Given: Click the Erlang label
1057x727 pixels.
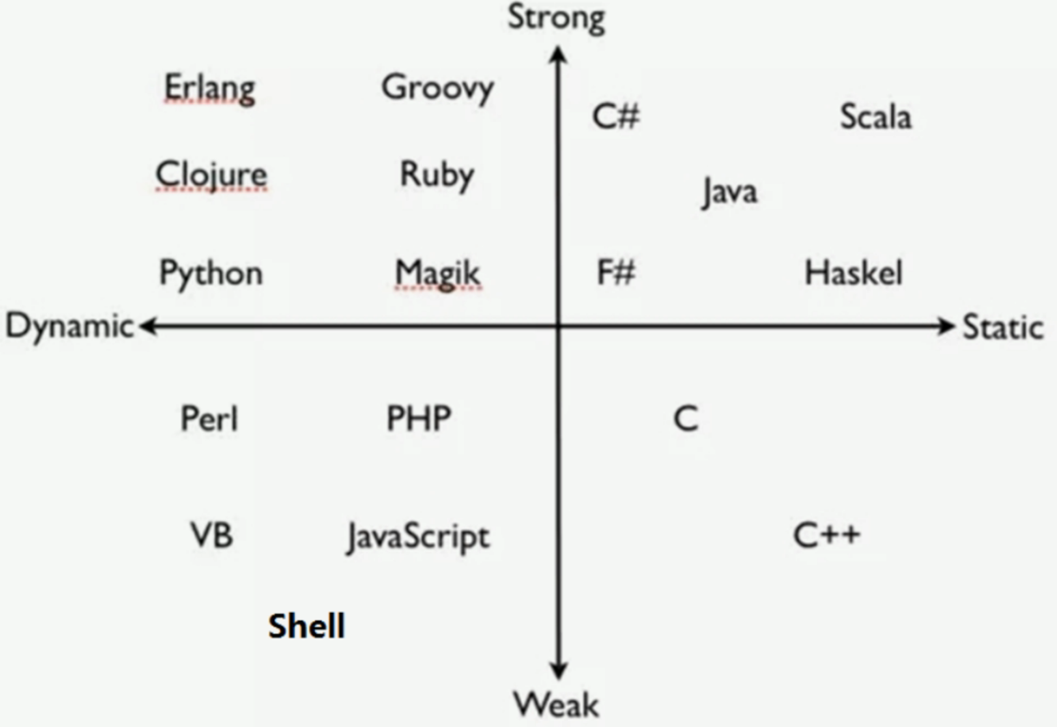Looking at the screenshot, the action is pyautogui.click(x=210, y=89).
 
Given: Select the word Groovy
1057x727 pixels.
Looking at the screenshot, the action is pyautogui.click(x=438, y=89).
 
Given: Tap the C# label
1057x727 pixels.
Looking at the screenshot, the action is pyautogui.click(x=616, y=116).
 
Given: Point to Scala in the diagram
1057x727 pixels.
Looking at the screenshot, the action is pyautogui.click(x=876, y=116).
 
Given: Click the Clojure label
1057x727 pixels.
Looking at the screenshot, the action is pyautogui.click(x=211, y=175).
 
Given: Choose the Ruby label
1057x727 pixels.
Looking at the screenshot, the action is pyautogui.click(x=437, y=176).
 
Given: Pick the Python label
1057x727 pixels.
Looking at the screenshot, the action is pyautogui.click(x=211, y=273).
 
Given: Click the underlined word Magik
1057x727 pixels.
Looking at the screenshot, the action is pyautogui.click(x=438, y=274).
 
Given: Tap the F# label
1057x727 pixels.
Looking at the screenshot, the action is pyautogui.click(x=616, y=273).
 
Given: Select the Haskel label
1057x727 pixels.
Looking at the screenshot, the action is pyautogui.click(x=853, y=273).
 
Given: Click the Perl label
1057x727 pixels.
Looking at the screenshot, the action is pyautogui.click(x=209, y=418).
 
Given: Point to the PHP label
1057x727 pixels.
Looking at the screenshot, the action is pyautogui.click(x=419, y=418).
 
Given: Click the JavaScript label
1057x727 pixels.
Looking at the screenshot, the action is pyautogui.click(x=419, y=537).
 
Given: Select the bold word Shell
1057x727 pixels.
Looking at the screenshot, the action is pyautogui.click(x=307, y=626).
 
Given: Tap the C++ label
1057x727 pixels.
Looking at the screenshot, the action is pyautogui.click(x=827, y=536).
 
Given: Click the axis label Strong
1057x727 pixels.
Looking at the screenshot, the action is pyautogui.click(x=557, y=19).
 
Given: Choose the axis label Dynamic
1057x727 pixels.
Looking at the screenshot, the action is pyautogui.click(x=70, y=326).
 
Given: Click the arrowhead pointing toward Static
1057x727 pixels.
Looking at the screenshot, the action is pyautogui.click(x=946, y=326).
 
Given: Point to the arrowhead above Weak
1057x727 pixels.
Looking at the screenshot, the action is pyautogui.click(x=559, y=670).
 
